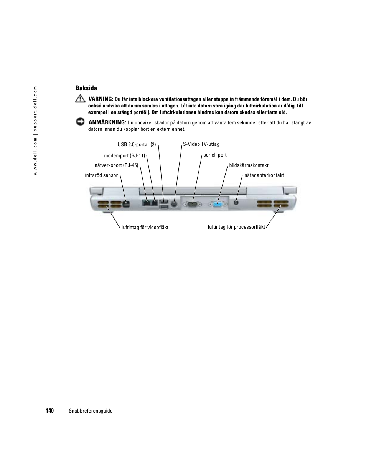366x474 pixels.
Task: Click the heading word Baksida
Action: [x=86, y=88]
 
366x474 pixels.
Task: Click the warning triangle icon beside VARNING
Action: [x=80, y=99]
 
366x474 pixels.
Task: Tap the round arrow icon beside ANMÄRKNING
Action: [x=80, y=122]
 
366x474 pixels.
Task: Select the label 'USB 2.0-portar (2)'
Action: [x=137, y=145]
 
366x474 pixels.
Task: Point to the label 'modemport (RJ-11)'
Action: [x=124, y=156]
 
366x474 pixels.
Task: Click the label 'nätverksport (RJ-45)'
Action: [x=116, y=165]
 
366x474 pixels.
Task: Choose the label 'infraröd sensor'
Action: [x=101, y=175]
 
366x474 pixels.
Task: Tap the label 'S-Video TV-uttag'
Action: [x=201, y=144]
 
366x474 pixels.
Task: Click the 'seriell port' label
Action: [x=215, y=155]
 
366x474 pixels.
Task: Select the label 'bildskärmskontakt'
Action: [x=249, y=165]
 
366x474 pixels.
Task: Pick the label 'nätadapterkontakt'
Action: [x=264, y=175]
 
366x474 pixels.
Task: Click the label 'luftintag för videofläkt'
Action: [x=145, y=228]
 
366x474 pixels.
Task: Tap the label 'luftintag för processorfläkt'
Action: [x=236, y=227]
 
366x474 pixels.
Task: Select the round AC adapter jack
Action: [x=236, y=202]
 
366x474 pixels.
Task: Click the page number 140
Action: [x=49, y=411]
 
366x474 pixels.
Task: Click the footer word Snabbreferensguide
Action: [x=91, y=411]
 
